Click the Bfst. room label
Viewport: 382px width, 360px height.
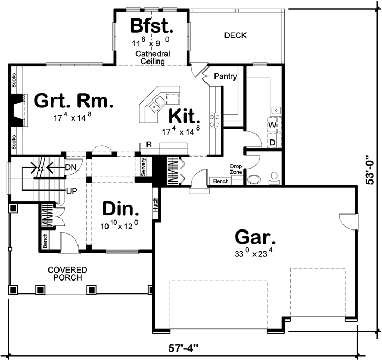click(x=152, y=26)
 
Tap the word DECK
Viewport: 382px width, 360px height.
click(x=236, y=35)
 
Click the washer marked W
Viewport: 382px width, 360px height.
click(x=272, y=125)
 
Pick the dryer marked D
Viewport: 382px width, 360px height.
click(x=272, y=142)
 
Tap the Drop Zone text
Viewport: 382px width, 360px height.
click(x=236, y=169)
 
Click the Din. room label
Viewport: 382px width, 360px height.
click(x=120, y=209)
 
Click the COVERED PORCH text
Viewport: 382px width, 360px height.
click(x=67, y=274)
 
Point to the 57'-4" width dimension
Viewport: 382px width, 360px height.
click(x=183, y=348)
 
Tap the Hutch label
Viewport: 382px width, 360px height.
click(x=156, y=204)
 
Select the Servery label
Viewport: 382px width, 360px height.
click(x=143, y=166)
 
